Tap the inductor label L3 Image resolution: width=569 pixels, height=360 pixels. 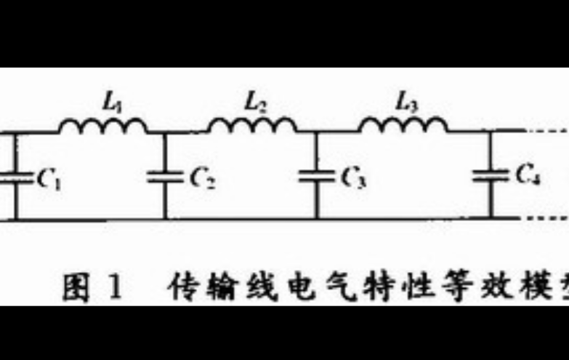(406, 103)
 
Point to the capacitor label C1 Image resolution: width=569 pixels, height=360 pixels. (49, 178)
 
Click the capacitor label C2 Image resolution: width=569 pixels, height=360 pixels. (203, 177)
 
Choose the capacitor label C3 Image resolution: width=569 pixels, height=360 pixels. (354, 177)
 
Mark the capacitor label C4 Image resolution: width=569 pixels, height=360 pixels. (528, 174)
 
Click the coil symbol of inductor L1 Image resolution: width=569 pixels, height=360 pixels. (102, 127)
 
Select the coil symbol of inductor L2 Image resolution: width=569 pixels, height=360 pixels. (253, 127)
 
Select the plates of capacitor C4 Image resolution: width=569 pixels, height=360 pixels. (491, 175)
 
